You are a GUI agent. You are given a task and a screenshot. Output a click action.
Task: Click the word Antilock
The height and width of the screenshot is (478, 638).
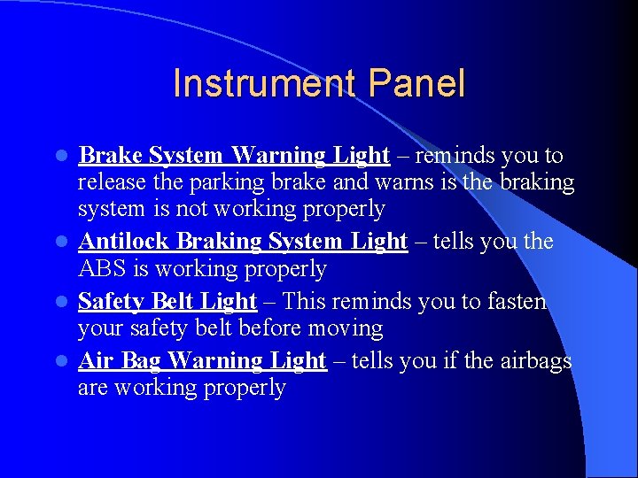click(124, 241)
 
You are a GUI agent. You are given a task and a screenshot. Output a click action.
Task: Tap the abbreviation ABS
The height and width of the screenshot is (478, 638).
click(103, 268)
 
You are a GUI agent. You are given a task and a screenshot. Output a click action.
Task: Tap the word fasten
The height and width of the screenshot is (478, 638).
click(513, 301)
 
